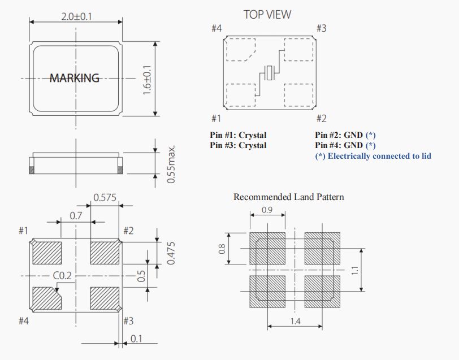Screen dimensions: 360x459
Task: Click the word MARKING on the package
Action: pos(75,78)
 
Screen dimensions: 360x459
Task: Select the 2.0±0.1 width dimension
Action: pos(77,16)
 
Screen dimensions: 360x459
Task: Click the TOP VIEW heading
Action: pos(267,15)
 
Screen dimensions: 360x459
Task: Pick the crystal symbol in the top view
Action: pos(270,73)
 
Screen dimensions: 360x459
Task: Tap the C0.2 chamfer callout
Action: pos(63,276)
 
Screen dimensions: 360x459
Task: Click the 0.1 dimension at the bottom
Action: pos(136,339)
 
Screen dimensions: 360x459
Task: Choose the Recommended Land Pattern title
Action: pos(288,197)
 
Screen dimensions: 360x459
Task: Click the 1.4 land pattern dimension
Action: pos(296,322)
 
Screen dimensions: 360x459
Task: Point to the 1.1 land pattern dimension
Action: pos(354,271)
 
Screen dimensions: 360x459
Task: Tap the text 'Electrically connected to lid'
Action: pos(379,155)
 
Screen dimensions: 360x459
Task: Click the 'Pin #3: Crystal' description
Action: pos(238,145)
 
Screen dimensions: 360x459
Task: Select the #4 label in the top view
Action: pos(216,28)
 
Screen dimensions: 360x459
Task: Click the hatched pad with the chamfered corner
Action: pos(46,298)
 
